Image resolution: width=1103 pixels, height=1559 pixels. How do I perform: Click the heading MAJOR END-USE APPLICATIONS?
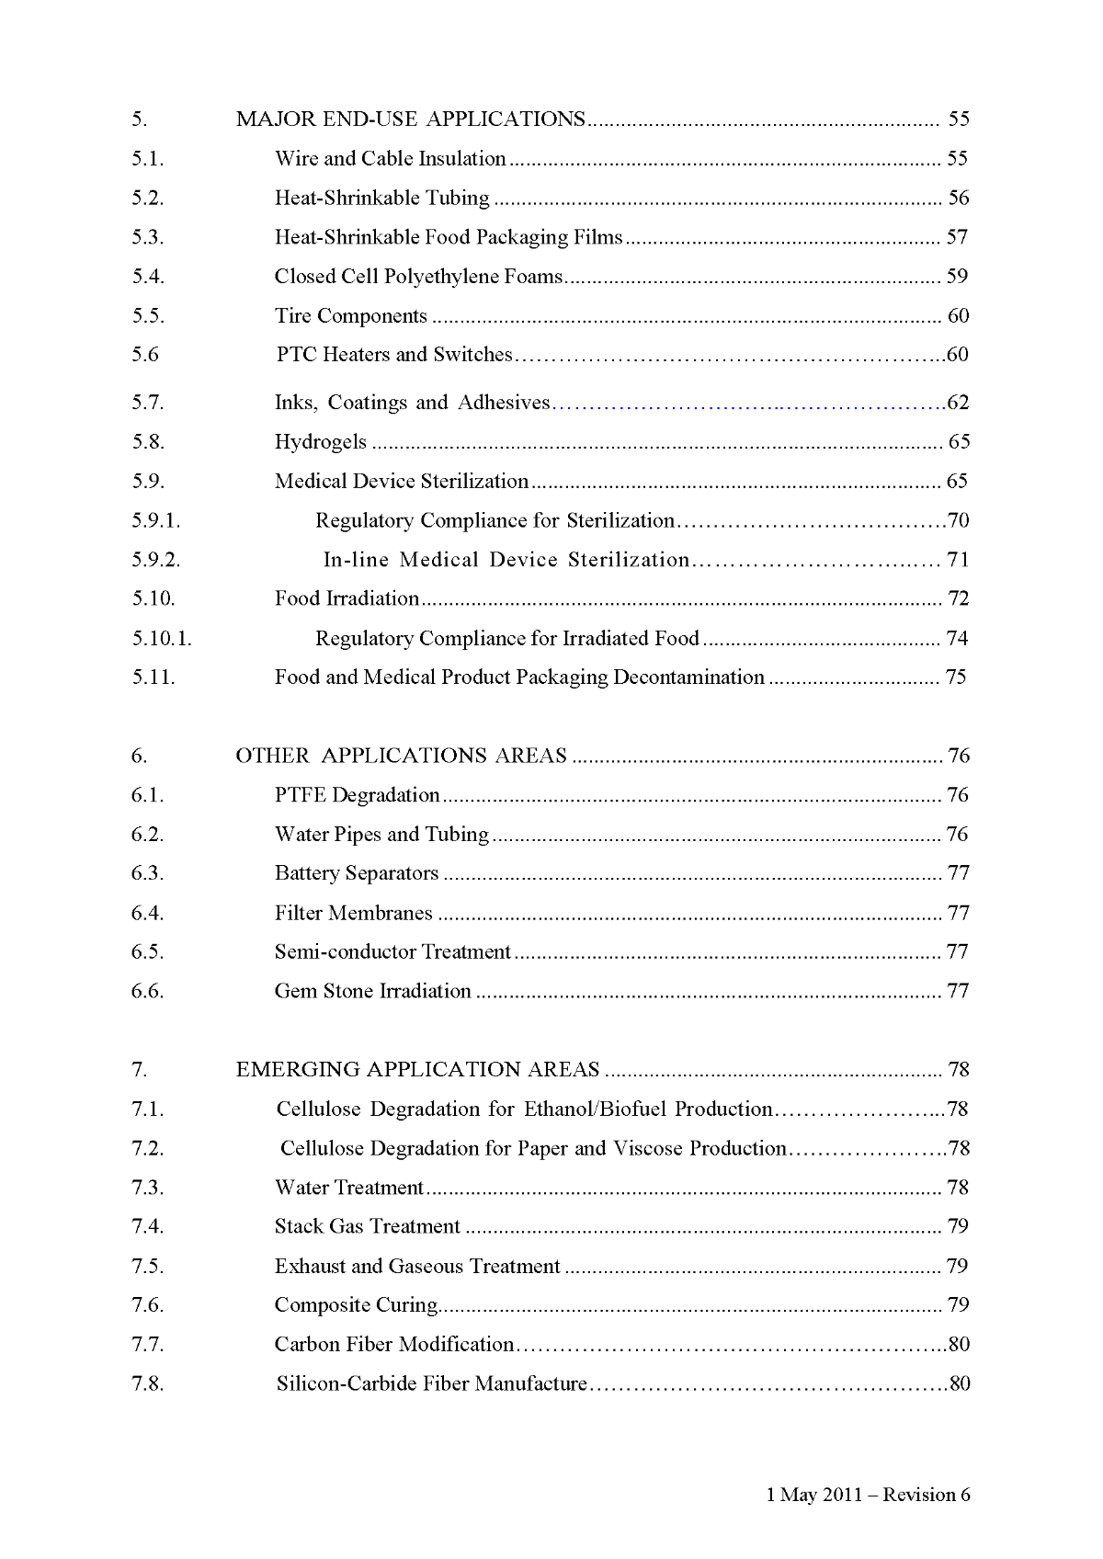[x=410, y=119]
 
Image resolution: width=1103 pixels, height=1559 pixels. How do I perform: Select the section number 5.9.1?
[x=155, y=521]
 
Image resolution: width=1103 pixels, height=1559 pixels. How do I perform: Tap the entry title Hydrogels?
[x=320, y=442]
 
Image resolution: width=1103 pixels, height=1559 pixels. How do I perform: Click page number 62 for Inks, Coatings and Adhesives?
[x=958, y=403]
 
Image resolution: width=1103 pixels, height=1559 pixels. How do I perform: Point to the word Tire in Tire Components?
[x=292, y=316]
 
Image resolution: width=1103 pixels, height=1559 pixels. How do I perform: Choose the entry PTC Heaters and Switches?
[x=394, y=355]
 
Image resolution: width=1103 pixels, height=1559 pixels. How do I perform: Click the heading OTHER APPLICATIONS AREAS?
[x=401, y=756]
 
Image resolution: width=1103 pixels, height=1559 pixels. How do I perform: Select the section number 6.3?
[x=147, y=873]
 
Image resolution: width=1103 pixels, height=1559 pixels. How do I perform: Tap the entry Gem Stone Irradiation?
[x=372, y=991]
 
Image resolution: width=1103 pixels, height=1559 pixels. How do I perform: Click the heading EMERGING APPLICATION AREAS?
[x=417, y=1070]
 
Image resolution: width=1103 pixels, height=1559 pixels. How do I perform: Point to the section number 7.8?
[x=147, y=1383]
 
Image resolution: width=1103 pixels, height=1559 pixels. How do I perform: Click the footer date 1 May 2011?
[x=813, y=1495]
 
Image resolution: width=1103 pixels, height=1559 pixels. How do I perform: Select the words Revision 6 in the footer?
[x=927, y=1495]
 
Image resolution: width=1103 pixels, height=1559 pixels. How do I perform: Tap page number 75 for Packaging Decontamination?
[x=956, y=677]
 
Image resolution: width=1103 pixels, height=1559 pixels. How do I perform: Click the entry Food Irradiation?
[x=347, y=599]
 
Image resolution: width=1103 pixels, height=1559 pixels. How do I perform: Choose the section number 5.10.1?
[x=161, y=639]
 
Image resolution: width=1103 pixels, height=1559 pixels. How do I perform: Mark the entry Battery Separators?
[x=356, y=873]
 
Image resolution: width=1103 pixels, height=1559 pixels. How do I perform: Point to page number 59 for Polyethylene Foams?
[x=957, y=277]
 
